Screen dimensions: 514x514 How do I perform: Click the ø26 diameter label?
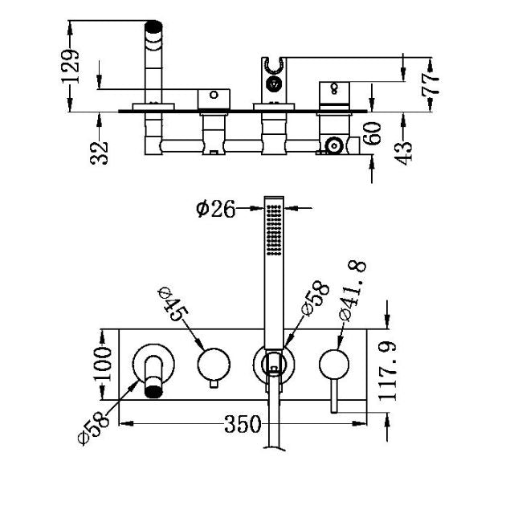[215, 209]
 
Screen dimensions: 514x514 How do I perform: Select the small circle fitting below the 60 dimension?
[332, 146]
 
